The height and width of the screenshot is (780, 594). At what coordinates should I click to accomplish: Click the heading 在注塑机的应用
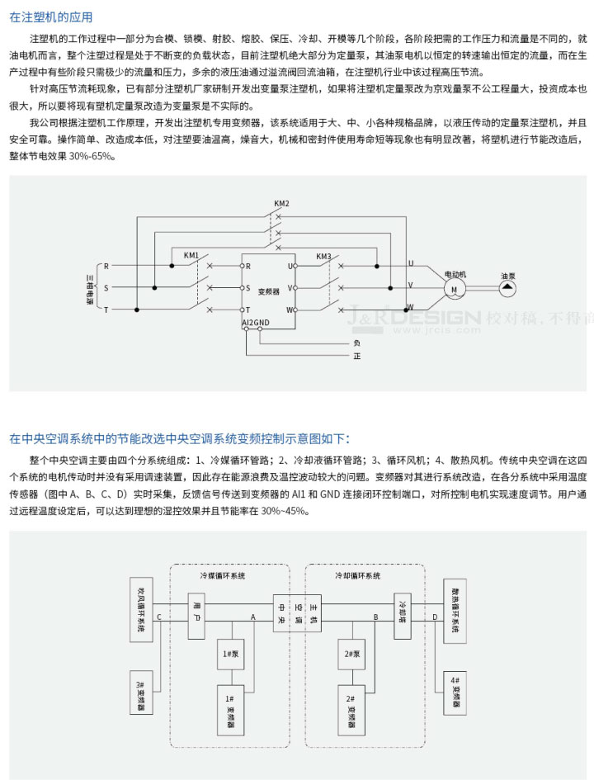[x=51, y=17]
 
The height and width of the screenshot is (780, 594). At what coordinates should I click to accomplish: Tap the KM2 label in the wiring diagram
[x=281, y=203]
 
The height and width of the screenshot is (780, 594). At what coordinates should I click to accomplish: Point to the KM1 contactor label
[x=191, y=255]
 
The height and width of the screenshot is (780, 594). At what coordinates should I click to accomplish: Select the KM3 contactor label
[x=323, y=256]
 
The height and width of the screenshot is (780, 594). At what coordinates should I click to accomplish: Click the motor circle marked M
[x=454, y=289]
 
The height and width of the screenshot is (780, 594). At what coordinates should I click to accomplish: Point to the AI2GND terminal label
[x=256, y=321]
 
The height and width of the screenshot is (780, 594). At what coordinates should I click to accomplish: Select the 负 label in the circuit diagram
[x=356, y=342]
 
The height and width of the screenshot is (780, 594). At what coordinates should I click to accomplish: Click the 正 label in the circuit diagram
[x=356, y=356]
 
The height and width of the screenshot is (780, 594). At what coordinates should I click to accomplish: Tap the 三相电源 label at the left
[x=90, y=288]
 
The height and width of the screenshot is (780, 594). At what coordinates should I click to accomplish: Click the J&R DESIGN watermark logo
[x=417, y=317]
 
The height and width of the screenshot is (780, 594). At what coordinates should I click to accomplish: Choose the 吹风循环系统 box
[x=141, y=608]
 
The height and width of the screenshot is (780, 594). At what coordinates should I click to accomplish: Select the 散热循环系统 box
[x=455, y=608]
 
